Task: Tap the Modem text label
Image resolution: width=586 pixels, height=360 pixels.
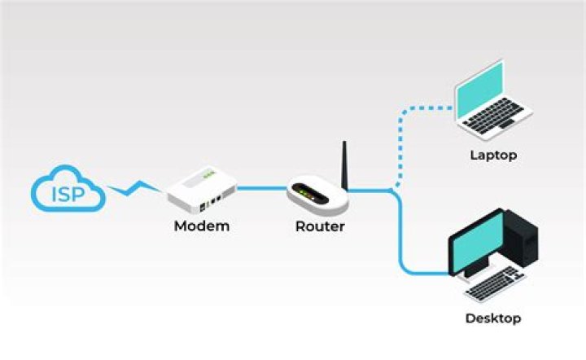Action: click(202, 226)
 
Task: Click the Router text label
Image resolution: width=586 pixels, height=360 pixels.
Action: click(320, 226)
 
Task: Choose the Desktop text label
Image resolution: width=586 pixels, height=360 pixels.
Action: click(492, 318)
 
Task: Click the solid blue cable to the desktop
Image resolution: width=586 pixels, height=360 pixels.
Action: click(400, 236)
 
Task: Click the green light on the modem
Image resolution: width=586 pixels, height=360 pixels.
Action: click(209, 173)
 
